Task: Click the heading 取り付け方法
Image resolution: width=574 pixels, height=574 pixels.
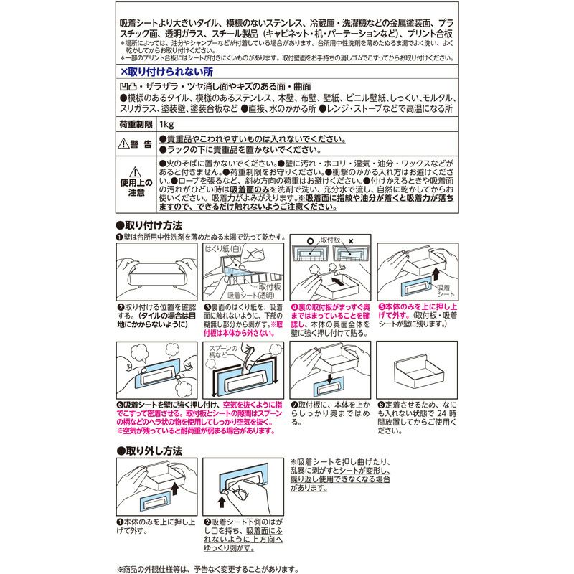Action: coord(153,225)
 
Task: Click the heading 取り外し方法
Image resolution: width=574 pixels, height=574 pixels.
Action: coord(153,451)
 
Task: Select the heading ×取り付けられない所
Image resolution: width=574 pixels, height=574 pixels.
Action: coord(166,72)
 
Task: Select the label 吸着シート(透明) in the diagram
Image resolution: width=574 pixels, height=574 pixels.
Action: coord(250,295)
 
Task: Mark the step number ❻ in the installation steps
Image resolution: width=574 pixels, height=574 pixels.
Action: coord(120,405)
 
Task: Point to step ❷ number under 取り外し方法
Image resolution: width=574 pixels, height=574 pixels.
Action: coord(207,522)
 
